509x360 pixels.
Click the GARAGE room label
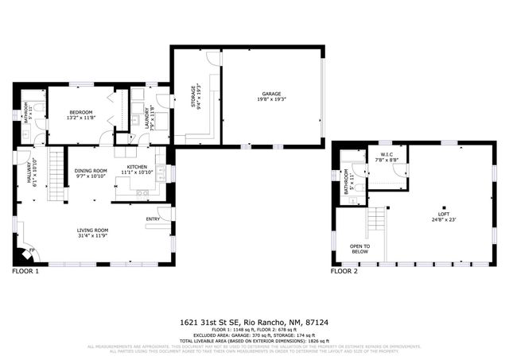pyautogui.click(x=273, y=93)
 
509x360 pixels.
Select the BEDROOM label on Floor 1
pyautogui.click(x=81, y=112)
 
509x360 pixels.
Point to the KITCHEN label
pyautogui.click(x=135, y=167)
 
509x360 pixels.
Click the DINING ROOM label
pyautogui.click(x=91, y=170)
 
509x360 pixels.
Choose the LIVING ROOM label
pyautogui.click(x=92, y=230)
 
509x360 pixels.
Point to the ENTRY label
pyautogui.click(x=153, y=219)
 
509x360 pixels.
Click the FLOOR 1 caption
pyautogui.click(x=25, y=272)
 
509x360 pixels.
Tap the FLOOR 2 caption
pyautogui.click(x=344, y=272)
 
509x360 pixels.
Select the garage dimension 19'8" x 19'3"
pyautogui.click(x=273, y=99)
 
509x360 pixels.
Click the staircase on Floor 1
pyautogui.click(x=55, y=166)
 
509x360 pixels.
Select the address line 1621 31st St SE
pyautogui.click(x=254, y=323)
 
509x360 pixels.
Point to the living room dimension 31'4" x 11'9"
pyautogui.click(x=92, y=236)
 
